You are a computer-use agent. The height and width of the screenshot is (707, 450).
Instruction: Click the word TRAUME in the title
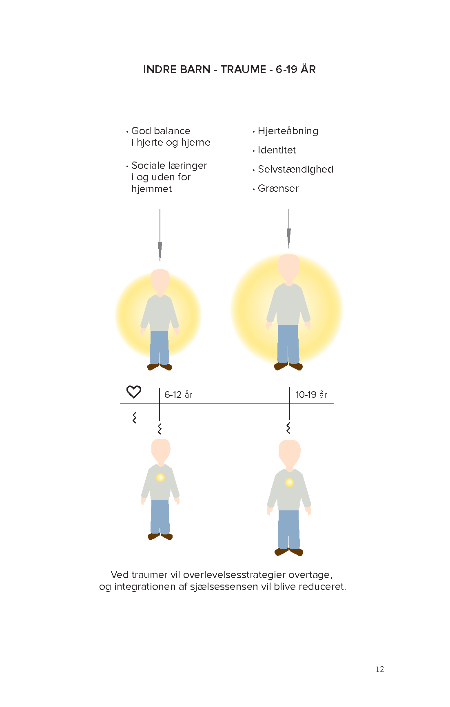tap(244, 69)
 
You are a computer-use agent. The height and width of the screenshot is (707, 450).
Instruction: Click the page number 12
tap(380, 669)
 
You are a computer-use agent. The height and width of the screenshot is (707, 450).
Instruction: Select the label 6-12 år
tap(178, 395)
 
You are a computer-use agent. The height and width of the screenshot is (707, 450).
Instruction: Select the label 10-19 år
tap(311, 395)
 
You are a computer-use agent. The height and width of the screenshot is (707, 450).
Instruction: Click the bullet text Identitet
tap(277, 150)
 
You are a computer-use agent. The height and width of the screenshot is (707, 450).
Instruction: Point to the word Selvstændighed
tap(296, 169)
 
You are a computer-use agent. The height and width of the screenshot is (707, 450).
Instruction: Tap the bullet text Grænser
tap(278, 188)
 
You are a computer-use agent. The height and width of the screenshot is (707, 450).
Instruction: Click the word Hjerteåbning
tap(288, 131)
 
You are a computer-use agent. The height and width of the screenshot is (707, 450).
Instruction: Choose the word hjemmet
tap(152, 189)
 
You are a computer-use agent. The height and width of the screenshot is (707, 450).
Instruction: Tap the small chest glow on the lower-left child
tap(160, 477)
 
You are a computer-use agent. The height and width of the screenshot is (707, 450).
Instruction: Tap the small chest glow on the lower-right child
tap(289, 483)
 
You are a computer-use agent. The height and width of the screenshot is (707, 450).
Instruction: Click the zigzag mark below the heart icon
tap(134, 417)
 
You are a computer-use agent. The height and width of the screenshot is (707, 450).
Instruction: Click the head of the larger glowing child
tap(289, 268)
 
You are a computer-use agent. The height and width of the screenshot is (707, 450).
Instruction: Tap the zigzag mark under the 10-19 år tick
tap(288, 428)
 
